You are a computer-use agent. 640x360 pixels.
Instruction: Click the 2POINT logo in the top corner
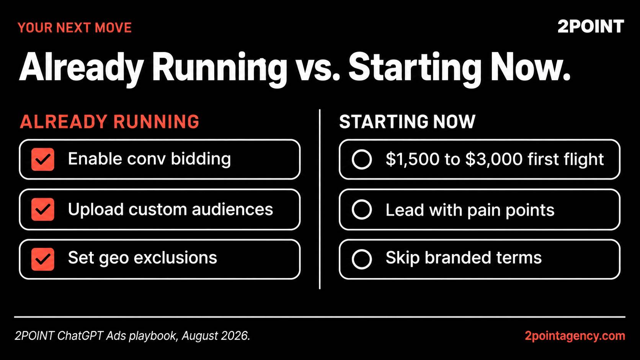pyautogui.click(x=591, y=26)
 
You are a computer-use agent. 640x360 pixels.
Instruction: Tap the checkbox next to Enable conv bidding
pyautogui.click(x=42, y=159)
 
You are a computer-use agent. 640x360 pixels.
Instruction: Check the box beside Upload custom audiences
pyautogui.click(x=42, y=209)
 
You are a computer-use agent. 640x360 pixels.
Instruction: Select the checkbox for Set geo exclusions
pyautogui.click(x=42, y=259)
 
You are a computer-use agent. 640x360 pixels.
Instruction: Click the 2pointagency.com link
pyautogui.click(x=575, y=336)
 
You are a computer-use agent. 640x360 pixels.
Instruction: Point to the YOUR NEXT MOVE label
pyautogui.click(x=75, y=28)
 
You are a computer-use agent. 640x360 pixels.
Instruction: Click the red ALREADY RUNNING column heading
pyautogui.click(x=109, y=122)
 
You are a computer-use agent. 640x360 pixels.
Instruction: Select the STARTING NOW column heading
pyautogui.click(x=407, y=122)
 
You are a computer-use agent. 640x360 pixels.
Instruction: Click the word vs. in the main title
pyautogui.click(x=317, y=68)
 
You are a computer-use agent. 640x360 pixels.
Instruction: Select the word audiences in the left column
pyautogui.click(x=232, y=209)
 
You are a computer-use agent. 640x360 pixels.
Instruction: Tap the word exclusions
pyautogui.click(x=175, y=257)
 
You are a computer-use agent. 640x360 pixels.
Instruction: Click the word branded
pyautogui.click(x=458, y=257)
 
